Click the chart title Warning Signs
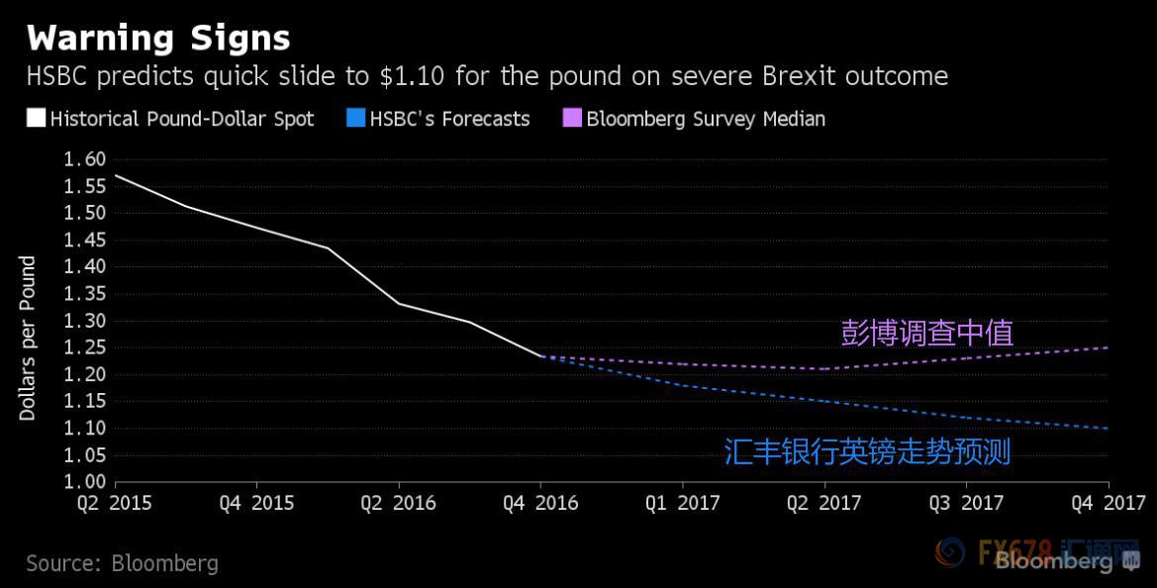point(158,38)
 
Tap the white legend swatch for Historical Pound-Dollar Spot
point(36,119)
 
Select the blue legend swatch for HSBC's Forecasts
point(355,119)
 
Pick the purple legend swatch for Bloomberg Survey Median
point(572,119)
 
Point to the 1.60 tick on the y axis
point(83,159)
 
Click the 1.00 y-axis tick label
point(83,482)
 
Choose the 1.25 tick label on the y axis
point(83,347)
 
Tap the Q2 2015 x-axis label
point(115,503)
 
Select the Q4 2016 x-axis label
point(539,503)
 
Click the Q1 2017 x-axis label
point(682,503)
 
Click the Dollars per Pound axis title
point(28,339)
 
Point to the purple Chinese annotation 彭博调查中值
point(926,333)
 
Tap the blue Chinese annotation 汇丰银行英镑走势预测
point(867,452)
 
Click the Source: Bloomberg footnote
point(122,563)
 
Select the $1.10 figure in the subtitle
point(403,76)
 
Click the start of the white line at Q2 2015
point(116,175)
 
